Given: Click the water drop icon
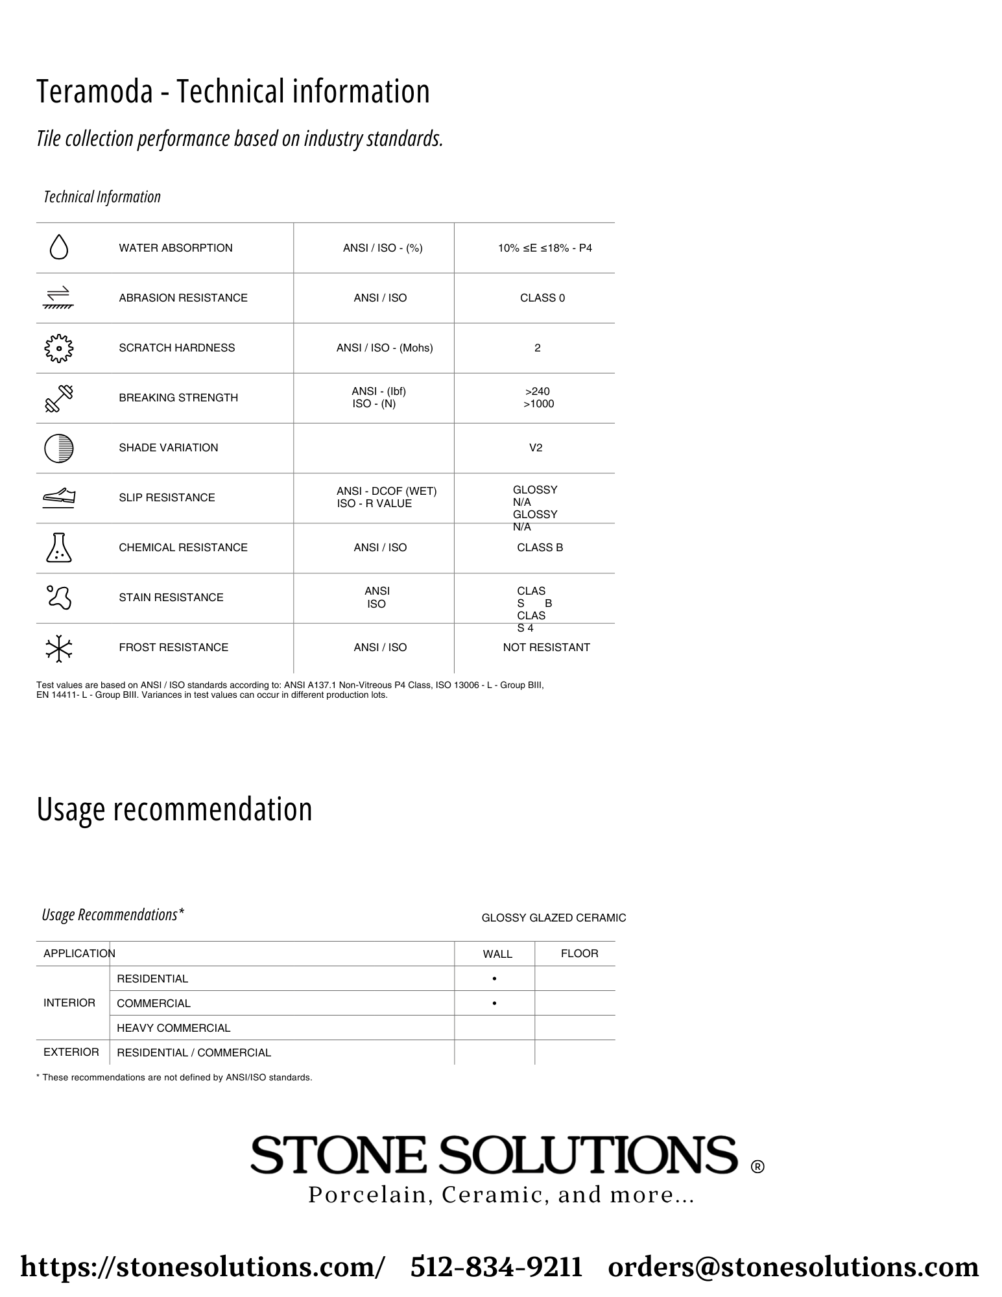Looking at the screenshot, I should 59,247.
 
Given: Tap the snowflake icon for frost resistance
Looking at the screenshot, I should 59,648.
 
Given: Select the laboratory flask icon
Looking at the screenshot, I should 59,547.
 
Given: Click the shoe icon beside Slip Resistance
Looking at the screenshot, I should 59,497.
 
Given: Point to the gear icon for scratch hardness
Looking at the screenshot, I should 59,348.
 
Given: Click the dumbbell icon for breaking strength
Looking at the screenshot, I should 59,398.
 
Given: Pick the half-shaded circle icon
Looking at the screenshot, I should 59,448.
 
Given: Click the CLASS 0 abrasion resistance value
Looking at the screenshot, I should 542,298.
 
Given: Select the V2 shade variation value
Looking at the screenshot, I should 536,448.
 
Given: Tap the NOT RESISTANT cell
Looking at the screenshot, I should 546,648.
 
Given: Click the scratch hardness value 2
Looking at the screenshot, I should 537,348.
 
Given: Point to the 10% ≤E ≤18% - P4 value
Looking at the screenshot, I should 545,248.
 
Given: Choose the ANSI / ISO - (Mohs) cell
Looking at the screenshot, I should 385,348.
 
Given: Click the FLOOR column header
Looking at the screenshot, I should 579,953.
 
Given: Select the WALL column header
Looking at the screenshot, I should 497,954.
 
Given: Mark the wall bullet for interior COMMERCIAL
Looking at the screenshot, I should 495,1003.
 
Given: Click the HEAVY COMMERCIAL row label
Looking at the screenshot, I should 174,1028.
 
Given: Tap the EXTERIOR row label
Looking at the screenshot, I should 71,1052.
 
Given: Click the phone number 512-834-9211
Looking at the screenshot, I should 496,1267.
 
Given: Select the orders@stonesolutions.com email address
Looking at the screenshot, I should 793,1267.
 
